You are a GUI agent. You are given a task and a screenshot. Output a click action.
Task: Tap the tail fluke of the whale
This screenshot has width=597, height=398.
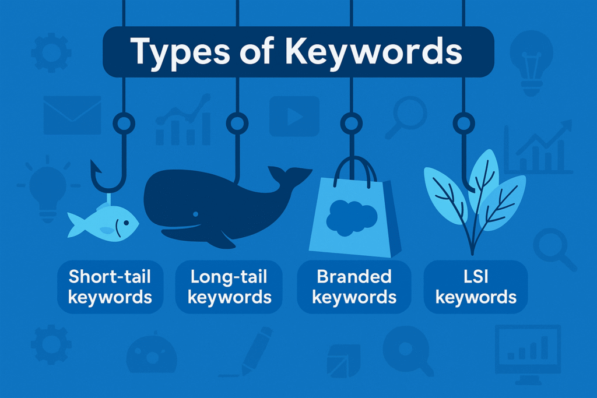click(x=288, y=174)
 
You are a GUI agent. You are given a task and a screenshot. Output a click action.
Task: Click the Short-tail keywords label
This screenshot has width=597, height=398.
click(x=110, y=286)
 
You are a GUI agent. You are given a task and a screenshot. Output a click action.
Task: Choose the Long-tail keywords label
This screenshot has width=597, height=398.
click(x=229, y=286)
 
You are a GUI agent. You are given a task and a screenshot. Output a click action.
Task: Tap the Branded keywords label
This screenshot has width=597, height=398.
click(x=354, y=286)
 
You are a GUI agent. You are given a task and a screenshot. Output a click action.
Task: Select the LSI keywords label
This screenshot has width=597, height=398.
click(x=476, y=286)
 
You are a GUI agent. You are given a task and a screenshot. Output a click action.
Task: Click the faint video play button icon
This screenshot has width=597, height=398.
click(x=294, y=115)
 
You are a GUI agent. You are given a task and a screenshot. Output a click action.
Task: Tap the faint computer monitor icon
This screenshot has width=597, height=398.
click(x=527, y=353)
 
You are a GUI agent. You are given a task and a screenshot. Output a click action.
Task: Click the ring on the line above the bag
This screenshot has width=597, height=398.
click(x=350, y=123)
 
